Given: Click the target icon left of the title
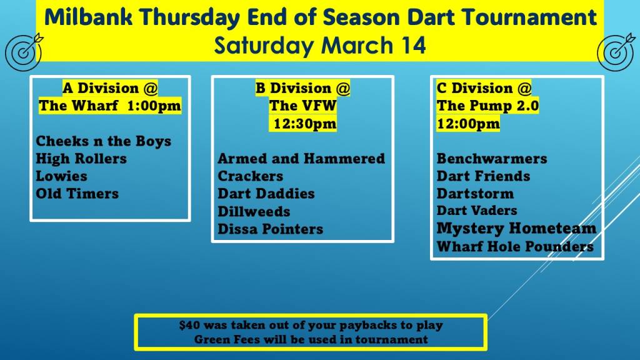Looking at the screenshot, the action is (x=24, y=52).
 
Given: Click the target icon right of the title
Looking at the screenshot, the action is (x=616, y=52).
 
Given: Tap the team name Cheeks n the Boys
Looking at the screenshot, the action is (x=104, y=141).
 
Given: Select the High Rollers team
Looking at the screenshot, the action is (x=81, y=158).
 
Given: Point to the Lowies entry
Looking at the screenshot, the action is (x=62, y=176).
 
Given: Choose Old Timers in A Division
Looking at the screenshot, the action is (x=77, y=194).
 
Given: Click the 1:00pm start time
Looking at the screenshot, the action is (x=154, y=106).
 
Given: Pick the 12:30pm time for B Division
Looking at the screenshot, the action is (x=305, y=124).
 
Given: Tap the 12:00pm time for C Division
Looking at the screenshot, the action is (x=468, y=124).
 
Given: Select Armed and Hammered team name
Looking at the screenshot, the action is (x=301, y=158).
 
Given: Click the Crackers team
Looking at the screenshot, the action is (x=250, y=176).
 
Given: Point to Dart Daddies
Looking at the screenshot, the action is (x=266, y=194).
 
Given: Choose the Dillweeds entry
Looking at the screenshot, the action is (x=254, y=211).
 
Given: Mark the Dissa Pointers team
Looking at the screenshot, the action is (x=270, y=229).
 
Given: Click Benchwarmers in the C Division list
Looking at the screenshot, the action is (x=492, y=158).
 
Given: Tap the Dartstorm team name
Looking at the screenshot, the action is (x=475, y=194).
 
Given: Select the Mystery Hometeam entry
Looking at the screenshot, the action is (x=516, y=229).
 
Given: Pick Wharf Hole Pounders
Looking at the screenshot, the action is (x=515, y=246).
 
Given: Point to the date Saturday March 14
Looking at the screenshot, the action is (x=320, y=45).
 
